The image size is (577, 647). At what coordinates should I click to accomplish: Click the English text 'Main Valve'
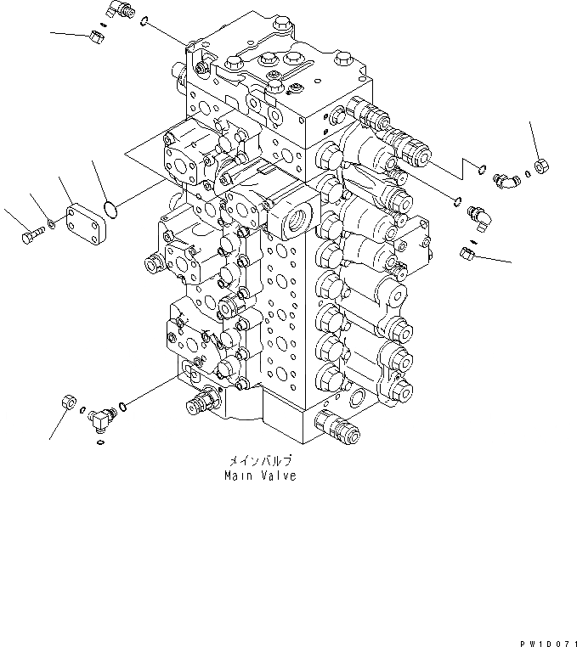tap(260, 476)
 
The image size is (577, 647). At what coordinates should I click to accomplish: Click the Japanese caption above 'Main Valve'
tap(260, 461)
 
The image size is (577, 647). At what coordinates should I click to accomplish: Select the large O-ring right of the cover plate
tap(107, 207)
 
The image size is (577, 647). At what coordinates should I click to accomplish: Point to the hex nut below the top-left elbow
tap(95, 36)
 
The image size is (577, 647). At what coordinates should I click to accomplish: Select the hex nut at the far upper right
tap(540, 166)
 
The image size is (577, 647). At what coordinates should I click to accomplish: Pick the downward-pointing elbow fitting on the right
tap(478, 217)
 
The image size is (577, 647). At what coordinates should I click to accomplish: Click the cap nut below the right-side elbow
tap(466, 252)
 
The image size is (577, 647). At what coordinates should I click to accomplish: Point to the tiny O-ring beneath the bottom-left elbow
tap(100, 439)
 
